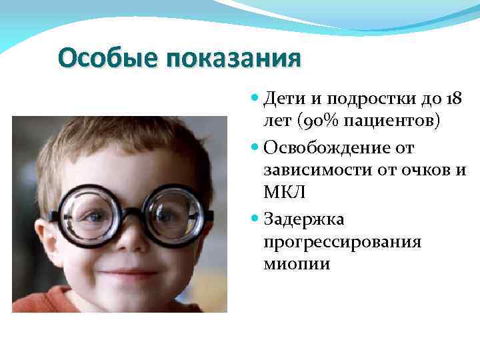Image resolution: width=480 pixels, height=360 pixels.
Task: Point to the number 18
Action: click(455, 99)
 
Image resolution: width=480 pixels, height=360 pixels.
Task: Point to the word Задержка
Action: click(304, 217)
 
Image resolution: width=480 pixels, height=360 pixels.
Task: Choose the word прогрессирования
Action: click(343, 241)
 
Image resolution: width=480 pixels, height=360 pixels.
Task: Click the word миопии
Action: click(297, 264)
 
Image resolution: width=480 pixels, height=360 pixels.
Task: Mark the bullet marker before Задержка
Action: click(256, 218)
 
